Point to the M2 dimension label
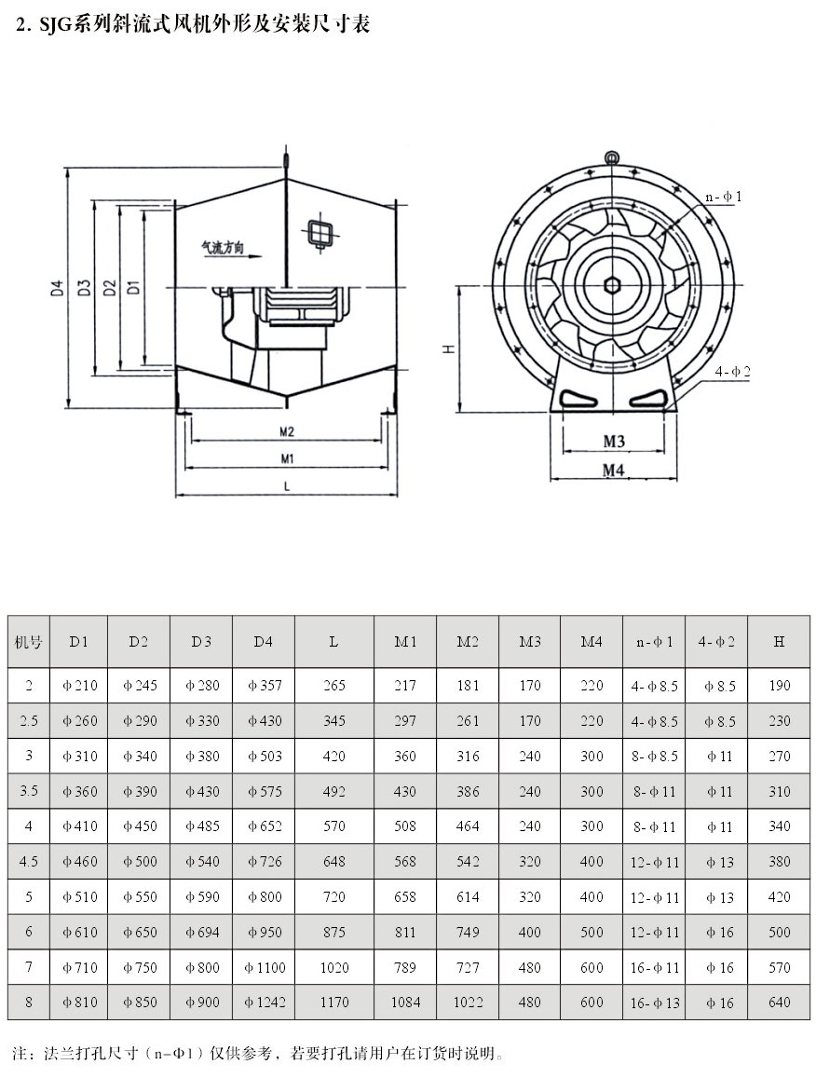click(286, 431)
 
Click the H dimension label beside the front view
click(448, 348)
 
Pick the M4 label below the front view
click(612, 471)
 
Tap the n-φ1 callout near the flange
click(723, 197)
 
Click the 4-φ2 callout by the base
click(732, 371)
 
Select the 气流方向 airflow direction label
click(222, 249)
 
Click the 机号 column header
click(29, 642)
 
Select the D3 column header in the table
click(201, 642)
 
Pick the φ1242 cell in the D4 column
click(265, 1003)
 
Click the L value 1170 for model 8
click(334, 1003)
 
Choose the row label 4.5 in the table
click(29, 862)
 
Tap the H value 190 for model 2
click(780, 686)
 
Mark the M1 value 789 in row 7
click(405, 968)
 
